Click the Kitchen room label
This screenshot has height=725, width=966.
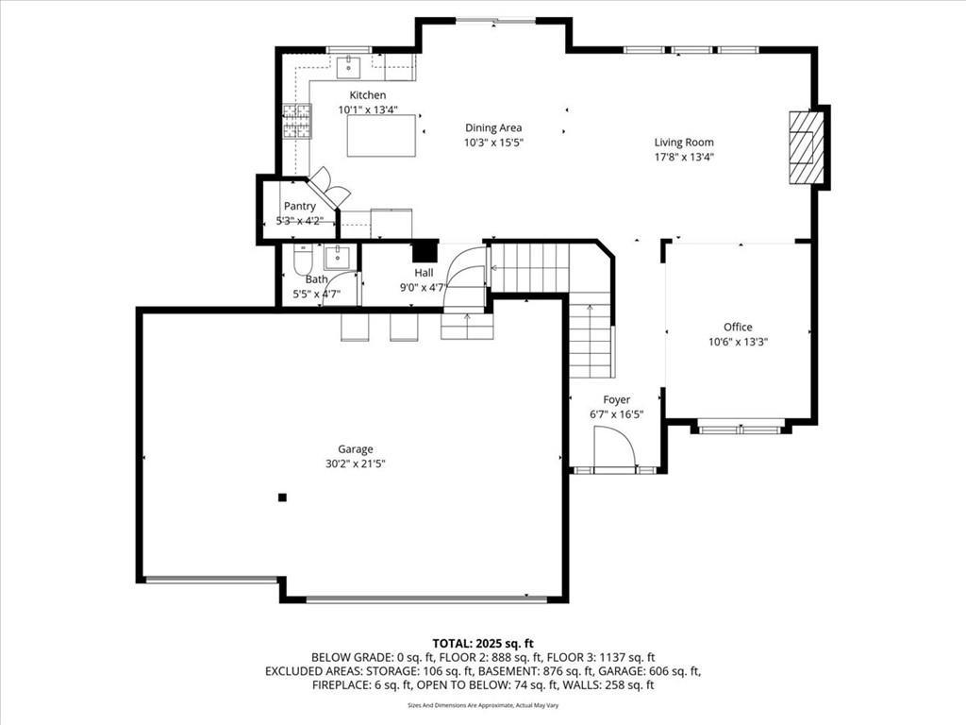(x=368, y=95)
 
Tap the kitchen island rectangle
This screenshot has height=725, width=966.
(x=381, y=136)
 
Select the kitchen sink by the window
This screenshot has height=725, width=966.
(x=348, y=67)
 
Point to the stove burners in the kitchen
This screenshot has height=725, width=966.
(x=297, y=120)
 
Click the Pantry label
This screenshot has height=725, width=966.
(x=299, y=206)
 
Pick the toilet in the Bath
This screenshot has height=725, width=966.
(x=303, y=261)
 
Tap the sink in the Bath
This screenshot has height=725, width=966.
(x=337, y=257)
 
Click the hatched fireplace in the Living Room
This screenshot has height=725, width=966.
(x=807, y=146)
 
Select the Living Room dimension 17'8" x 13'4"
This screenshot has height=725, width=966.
(x=684, y=157)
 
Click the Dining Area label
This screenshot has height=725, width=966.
(x=493, y=127)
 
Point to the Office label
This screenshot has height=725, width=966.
(x=738, y=327)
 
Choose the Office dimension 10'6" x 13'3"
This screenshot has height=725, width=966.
(x=738, y=342)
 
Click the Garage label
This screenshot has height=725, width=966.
(x=356, y=449)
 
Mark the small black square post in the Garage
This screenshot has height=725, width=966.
(x=282, y=497)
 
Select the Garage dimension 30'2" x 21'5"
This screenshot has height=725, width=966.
(x=356, y=464)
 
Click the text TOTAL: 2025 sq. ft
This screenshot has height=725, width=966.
(x=483, y=644)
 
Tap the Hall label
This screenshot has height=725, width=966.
(x=424, y=273)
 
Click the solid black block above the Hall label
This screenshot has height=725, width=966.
(x=424, y=251)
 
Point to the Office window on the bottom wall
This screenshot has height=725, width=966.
(x=741, y=429)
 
